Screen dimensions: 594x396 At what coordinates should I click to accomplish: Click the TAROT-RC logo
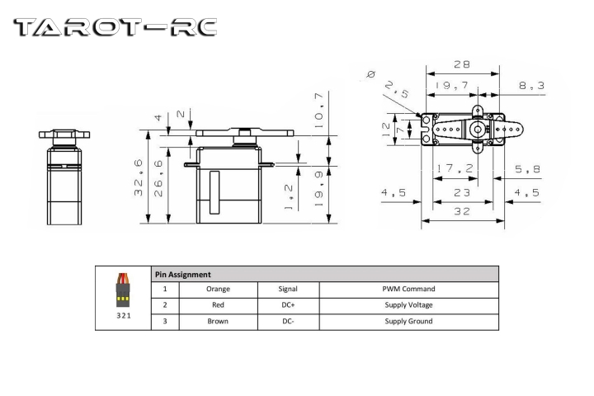[x=115, y=27]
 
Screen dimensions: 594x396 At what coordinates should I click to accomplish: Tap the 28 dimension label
[x=462, y=64]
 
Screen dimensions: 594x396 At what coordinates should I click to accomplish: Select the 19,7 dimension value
[x=452, y=85]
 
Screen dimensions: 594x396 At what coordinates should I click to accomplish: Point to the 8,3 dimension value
[x=532, y=85]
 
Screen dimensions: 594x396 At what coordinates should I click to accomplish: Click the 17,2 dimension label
[x=455, y=168]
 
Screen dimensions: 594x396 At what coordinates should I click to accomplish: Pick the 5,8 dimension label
[x=528, y=169]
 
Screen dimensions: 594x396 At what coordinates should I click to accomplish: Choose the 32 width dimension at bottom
[x=462, y=211]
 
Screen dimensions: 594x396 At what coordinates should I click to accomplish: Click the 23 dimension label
[x=462, y=193]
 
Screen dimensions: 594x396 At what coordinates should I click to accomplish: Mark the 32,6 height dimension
[x=139, y=177]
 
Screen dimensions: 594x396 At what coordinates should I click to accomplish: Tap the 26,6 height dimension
[x=158, y=178]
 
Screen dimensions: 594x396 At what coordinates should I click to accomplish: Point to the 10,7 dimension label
[x=319, y=111]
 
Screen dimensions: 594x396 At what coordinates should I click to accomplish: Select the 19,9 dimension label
[x=319, y=189]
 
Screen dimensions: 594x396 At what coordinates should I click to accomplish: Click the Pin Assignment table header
[x=183, y=275]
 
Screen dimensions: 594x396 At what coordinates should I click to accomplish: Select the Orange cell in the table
[x=218, y=289]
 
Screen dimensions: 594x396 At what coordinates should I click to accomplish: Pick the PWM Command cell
[x=408, y=289]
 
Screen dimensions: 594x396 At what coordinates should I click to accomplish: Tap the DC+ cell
[x=288, y=304]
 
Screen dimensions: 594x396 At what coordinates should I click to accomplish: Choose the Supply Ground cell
[x=408, y=321]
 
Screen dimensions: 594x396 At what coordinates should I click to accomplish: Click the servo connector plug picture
[x=123, y=290]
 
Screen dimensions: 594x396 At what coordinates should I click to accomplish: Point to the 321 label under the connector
[x=124, y=316]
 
